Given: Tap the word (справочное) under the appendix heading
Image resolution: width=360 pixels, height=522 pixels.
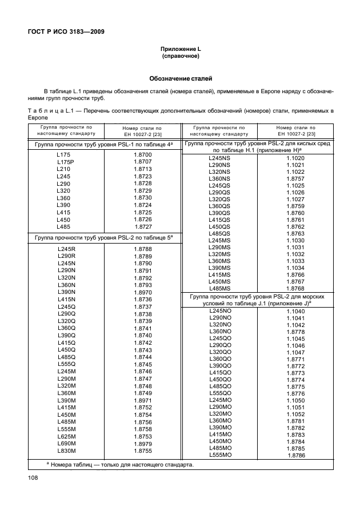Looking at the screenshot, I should tap(181, 58).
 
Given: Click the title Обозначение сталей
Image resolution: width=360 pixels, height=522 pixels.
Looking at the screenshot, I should tap(181, 78).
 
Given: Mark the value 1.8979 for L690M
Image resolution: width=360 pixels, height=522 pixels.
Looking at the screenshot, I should tap(142, 444).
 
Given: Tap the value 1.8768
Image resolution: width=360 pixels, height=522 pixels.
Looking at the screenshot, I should tap(295, 288).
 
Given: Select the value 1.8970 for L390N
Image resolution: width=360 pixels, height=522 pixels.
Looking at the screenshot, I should tap(142, 292).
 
